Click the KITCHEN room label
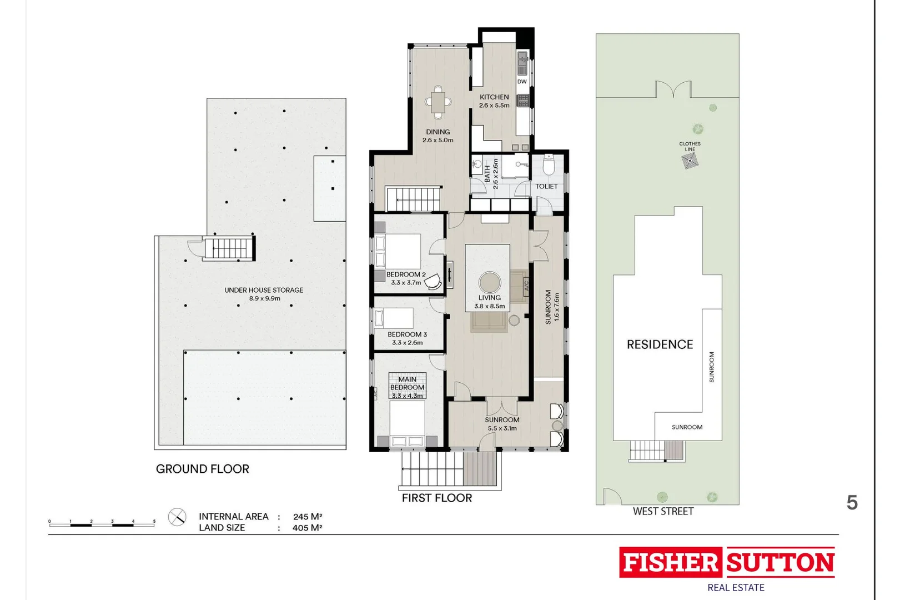[x=494, y=97]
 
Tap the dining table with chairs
[x=438, y=102]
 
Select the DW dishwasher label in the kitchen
[x=522, y=82]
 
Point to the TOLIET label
[x=546, y=187]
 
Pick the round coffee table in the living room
[x=489, y=282]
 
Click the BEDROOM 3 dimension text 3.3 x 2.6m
[x=407, y=343]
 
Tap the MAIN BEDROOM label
[x=407, y=383]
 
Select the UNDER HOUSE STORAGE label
[x=264, y=290]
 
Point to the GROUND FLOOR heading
[x=202, y=469]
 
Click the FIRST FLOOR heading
[x=436, y=498]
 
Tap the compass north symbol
[x=177, y=517]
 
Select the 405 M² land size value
[x=307, y=528]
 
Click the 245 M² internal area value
[x=308, y=517]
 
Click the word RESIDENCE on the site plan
[x=660, y=344]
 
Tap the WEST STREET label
[x=663, y=512]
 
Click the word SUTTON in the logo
[x=780, y=563]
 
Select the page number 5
[x=852, y=503]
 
